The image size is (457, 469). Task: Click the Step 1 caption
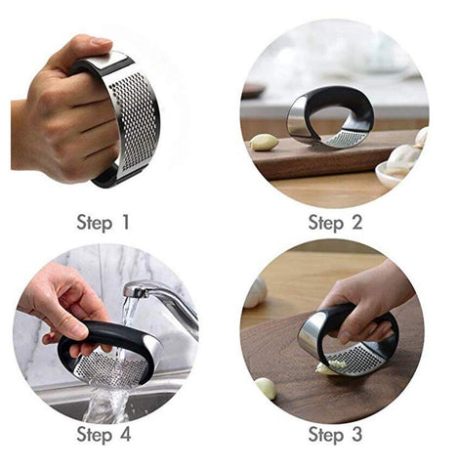tap(104, 222)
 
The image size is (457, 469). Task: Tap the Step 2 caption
tap(335, 222)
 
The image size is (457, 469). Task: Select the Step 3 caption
tap(335, 433)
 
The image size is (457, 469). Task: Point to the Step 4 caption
tap(104, 433)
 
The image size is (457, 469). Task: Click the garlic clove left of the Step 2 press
tap(264, 143)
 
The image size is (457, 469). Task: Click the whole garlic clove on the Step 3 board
tap(265, 388)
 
